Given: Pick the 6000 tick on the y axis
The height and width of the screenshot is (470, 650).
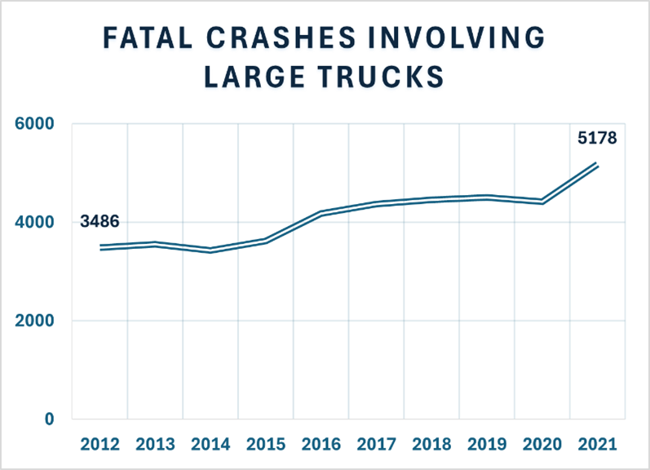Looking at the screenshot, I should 37,124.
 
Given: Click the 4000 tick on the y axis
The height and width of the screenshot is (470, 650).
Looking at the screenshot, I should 37,222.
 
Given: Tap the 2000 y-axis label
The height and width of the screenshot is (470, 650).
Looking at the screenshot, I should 37,321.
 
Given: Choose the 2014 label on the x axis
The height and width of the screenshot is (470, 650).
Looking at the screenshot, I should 210,446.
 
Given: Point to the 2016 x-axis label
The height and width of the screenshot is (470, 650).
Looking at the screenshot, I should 321,446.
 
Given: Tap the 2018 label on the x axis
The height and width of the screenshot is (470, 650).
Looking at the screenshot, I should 431,446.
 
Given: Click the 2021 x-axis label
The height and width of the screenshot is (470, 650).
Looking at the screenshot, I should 597,446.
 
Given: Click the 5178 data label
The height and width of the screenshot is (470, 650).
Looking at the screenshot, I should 597,139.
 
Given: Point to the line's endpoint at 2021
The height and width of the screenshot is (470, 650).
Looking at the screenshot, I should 598,165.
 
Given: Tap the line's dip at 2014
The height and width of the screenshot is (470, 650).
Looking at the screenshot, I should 210,250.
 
